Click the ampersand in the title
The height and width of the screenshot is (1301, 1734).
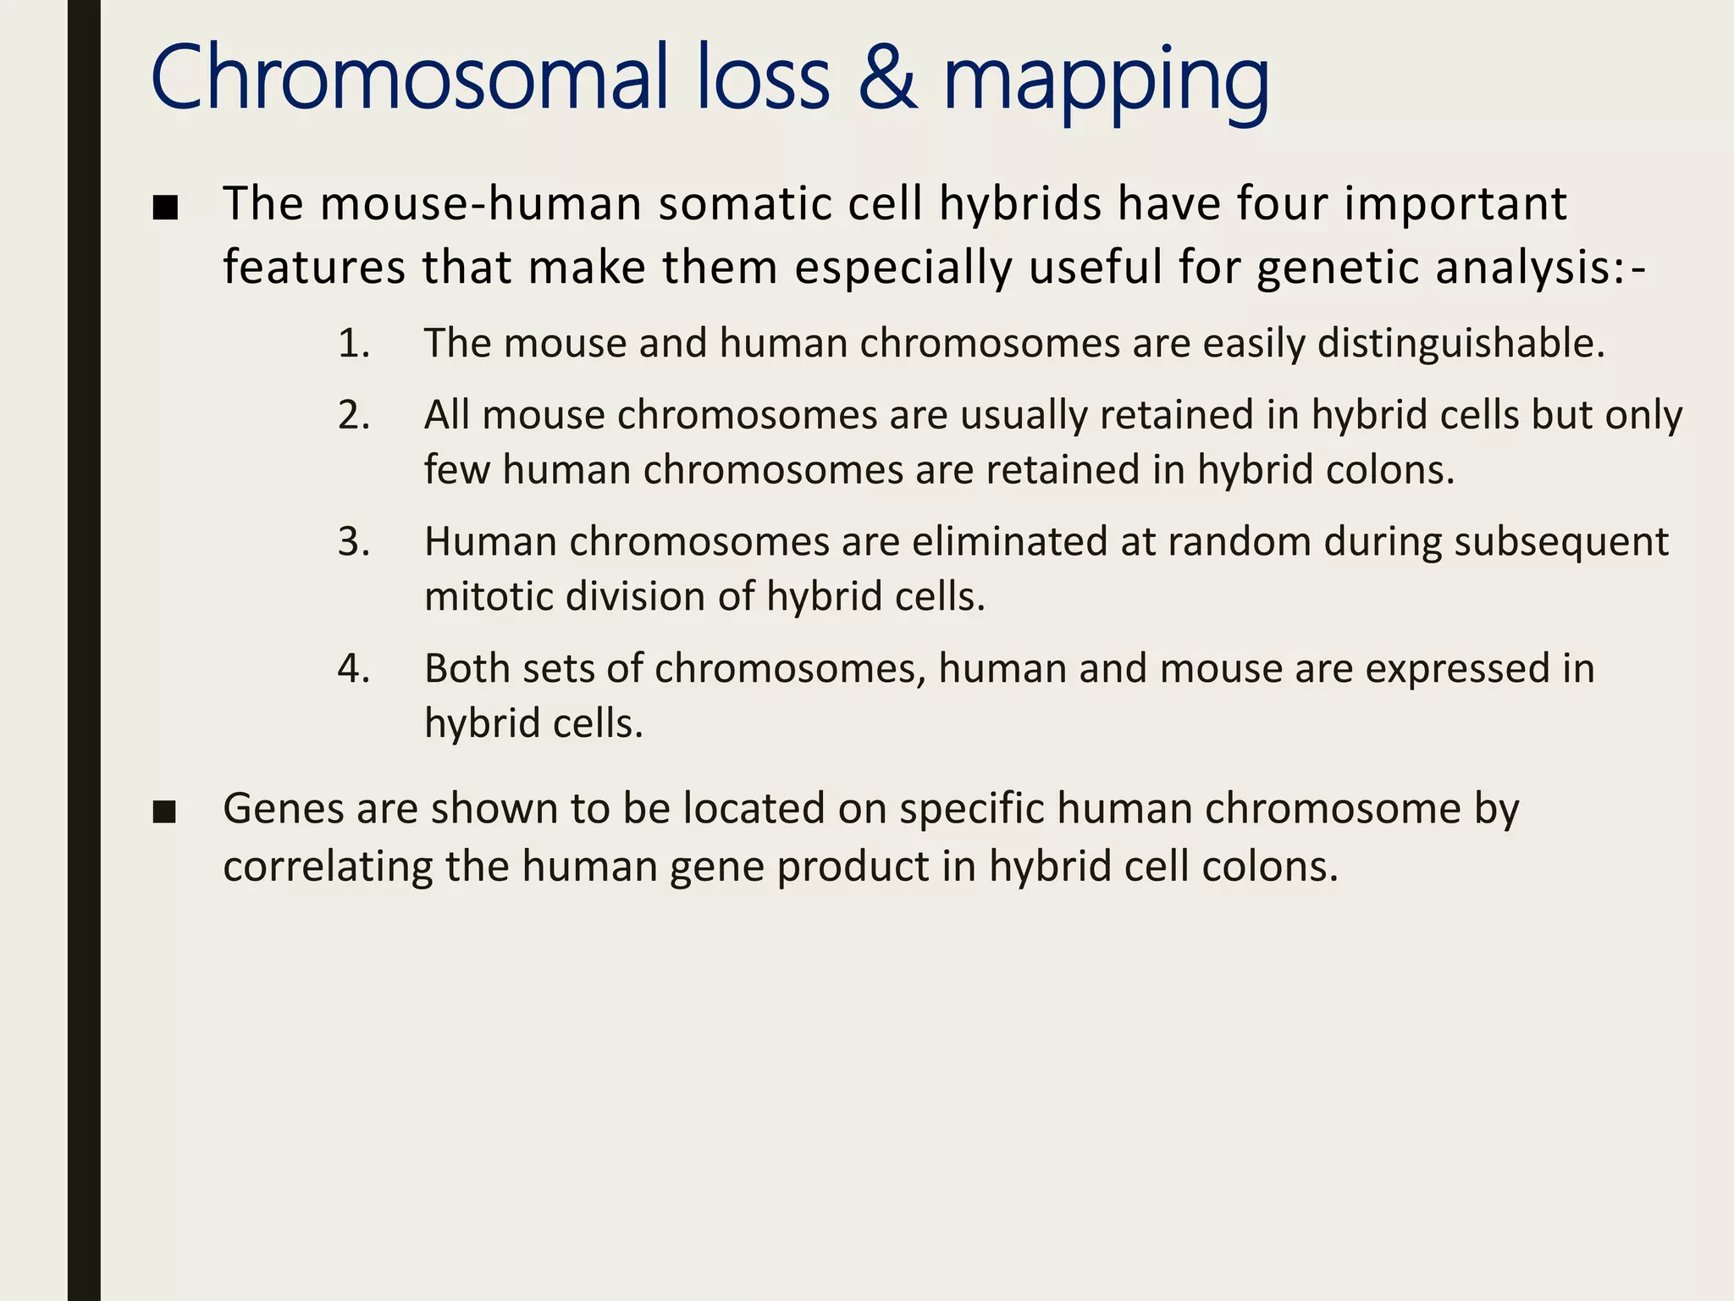click(887, 78)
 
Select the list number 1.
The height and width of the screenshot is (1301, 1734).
click(353, 344)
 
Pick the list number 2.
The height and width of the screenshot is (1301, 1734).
click(353, 416)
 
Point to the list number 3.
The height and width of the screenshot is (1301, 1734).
click(353, 542)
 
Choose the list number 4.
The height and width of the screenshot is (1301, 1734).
click(353, 669)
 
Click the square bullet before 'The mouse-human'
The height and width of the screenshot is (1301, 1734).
click(165, 208)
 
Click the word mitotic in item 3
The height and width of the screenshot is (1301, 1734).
click(489, 597)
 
